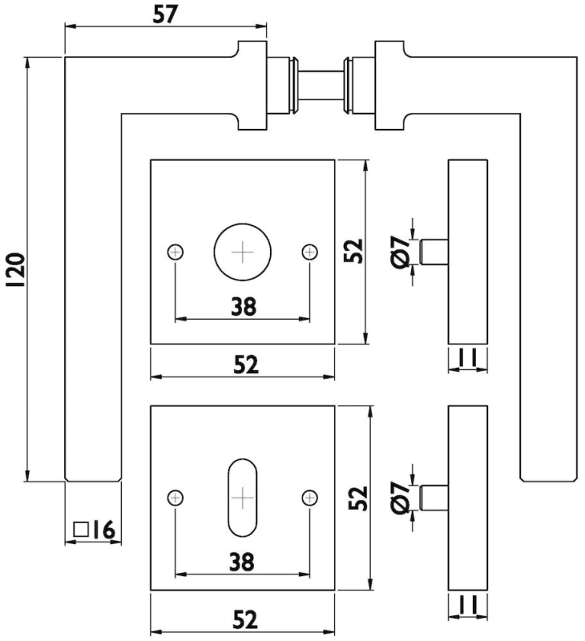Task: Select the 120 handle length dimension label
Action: coord(15,270)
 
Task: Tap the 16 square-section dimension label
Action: coord(105,530)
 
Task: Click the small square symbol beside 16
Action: coord(80,530)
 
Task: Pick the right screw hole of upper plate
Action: coord(309,252)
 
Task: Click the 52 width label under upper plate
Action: coord(244,365)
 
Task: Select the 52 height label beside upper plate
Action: coord(356,251)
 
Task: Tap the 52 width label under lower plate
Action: coord(244,619)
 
